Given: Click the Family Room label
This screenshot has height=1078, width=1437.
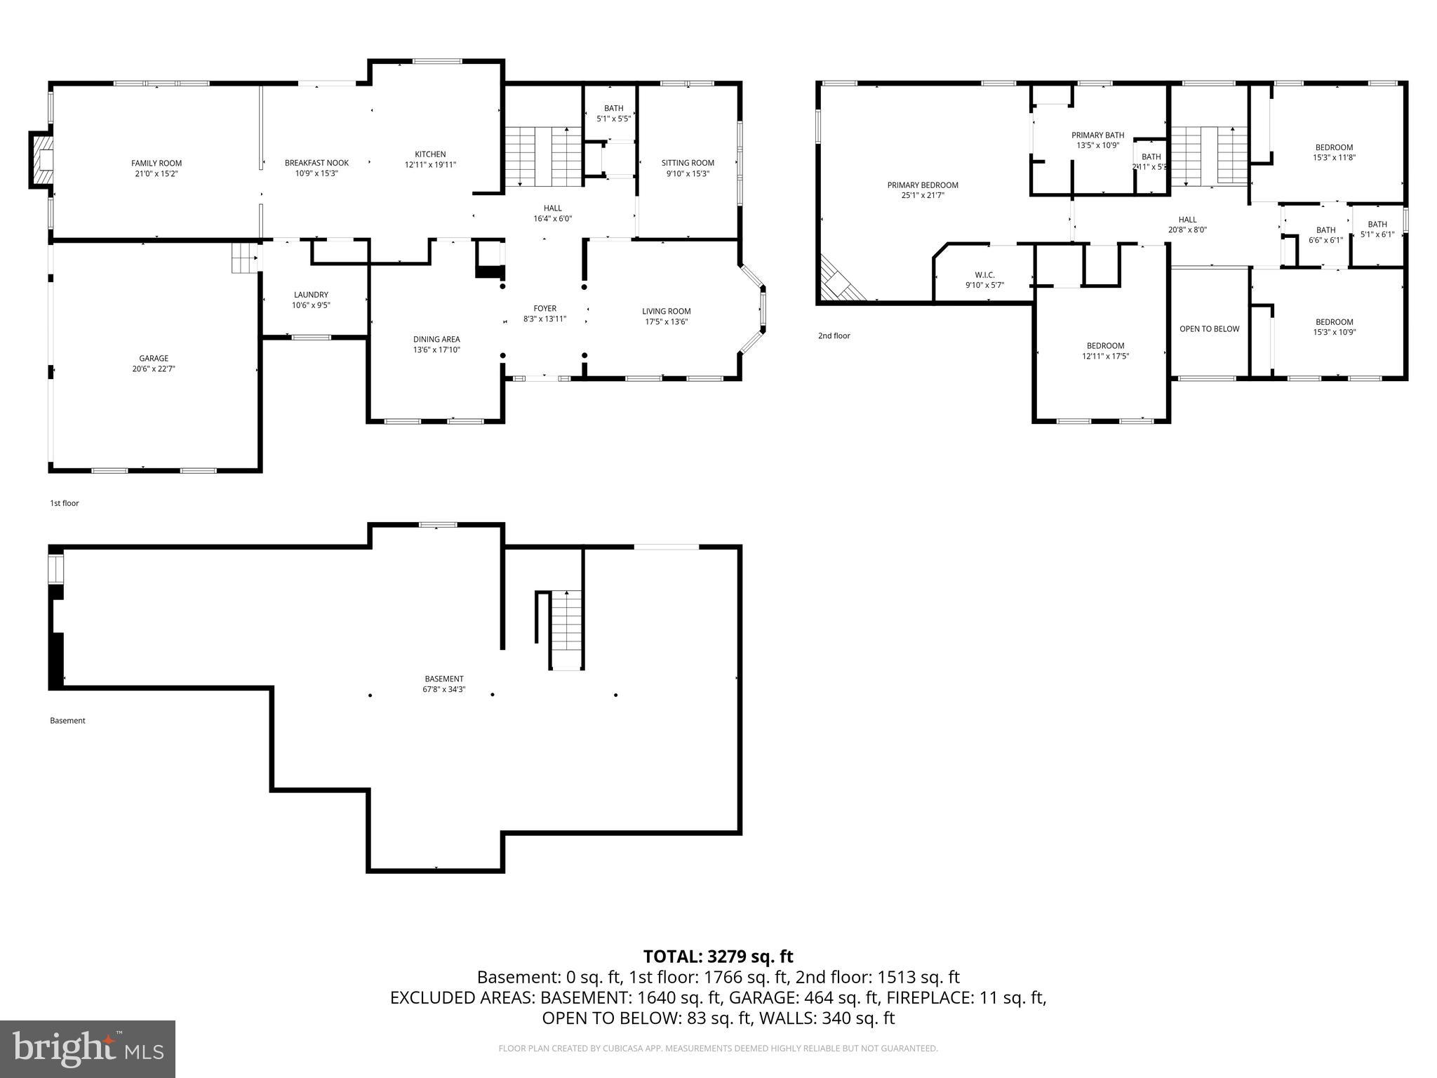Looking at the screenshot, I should tap(156, 164).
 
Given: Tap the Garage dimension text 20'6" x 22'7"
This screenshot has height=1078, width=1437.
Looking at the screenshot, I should tap(154, 368).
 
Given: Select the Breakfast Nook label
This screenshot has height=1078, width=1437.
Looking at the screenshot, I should tap(316, 163).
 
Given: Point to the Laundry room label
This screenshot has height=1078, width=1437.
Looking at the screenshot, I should tap(311, 295).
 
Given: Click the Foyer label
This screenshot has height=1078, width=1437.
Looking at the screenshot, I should tap(544, 308).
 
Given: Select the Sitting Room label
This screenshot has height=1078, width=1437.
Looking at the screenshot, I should tap(688, 163).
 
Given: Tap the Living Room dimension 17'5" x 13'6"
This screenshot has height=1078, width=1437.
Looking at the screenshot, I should tap(666, 322).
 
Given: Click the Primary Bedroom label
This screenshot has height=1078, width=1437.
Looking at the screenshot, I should tap(923, 185).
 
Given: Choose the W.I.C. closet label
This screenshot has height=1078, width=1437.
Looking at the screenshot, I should tap(984, 275).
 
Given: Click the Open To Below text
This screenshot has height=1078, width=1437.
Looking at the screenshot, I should tap(1209, 328).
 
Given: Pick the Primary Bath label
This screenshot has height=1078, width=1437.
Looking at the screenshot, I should tap(1097, 135).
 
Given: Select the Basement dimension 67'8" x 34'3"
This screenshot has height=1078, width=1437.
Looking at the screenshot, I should tap(443, 690).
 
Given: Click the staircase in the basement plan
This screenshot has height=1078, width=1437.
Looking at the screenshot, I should tap(566, 630).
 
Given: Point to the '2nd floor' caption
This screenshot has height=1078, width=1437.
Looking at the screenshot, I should tap(834, 335).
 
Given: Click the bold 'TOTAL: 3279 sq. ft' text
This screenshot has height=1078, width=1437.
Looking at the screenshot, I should tap(718, 957).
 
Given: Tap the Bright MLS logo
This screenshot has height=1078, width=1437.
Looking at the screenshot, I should tap(87, 1049).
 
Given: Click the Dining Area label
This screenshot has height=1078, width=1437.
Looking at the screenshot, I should tap(436, 339).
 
